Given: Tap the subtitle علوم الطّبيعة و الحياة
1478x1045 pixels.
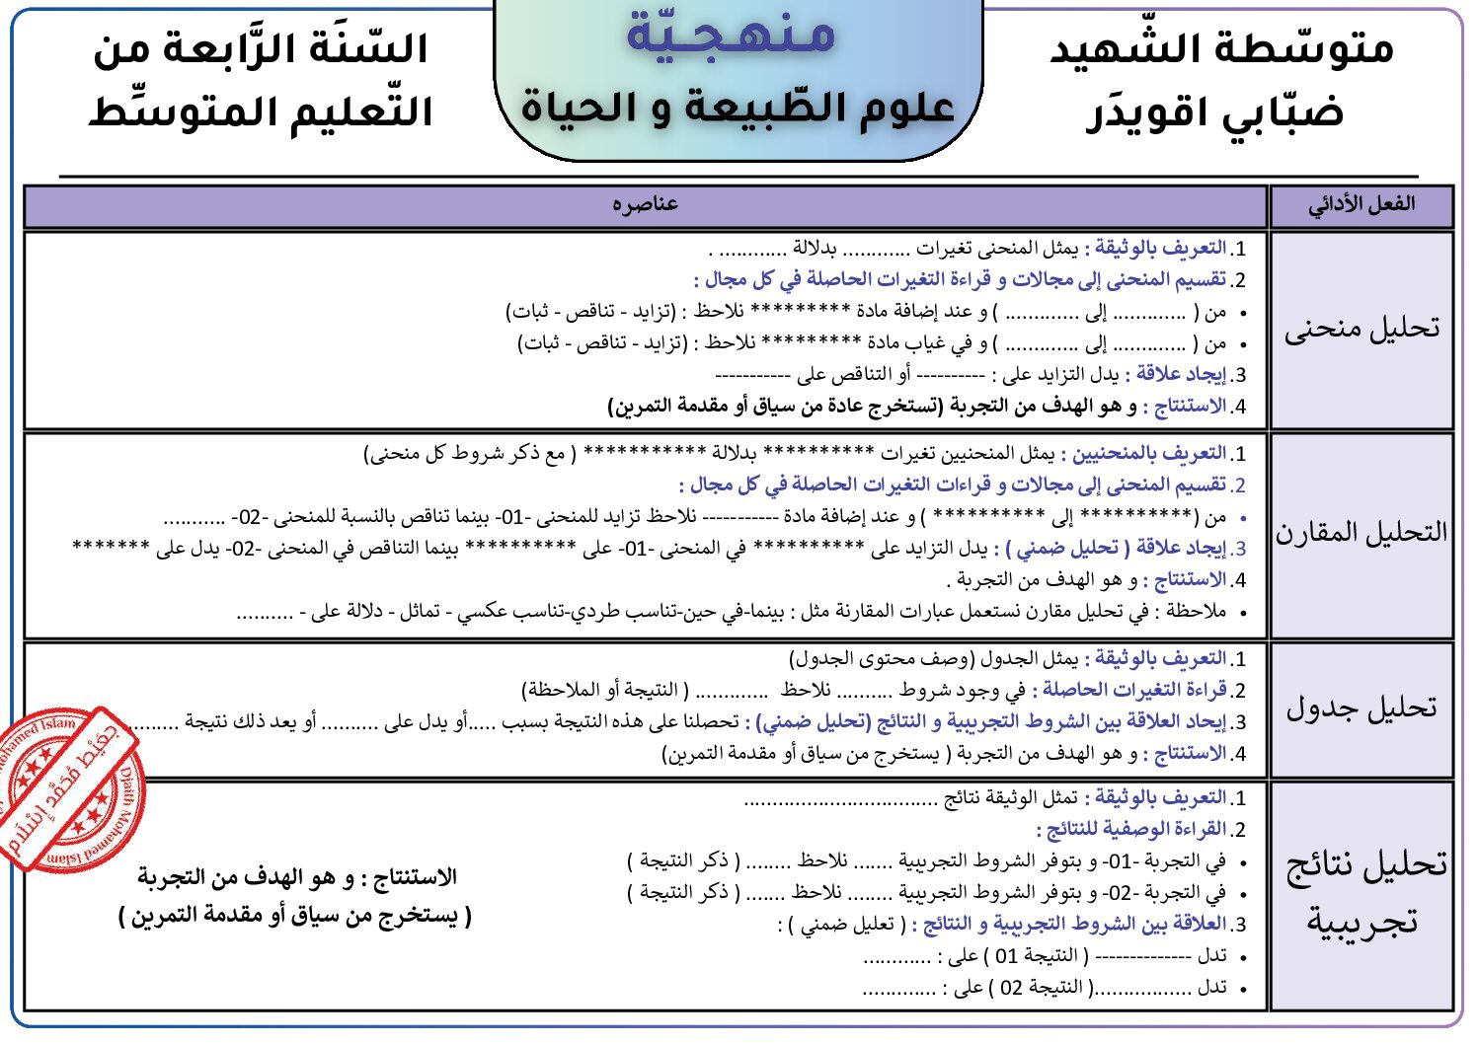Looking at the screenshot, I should point(738,107).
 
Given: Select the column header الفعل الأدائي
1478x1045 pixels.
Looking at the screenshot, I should point(1361,205).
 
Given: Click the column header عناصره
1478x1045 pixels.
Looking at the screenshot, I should point(645,204).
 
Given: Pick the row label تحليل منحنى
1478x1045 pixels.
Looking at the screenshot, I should point(1361,329).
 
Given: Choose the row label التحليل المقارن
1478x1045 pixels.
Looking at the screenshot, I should point(1361,533).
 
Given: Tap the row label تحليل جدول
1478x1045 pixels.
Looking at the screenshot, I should point(1361,708).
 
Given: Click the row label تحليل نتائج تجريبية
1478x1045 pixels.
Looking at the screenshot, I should point(1363,893).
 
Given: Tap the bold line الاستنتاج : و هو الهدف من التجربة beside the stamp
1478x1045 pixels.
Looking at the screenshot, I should point(296,877).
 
